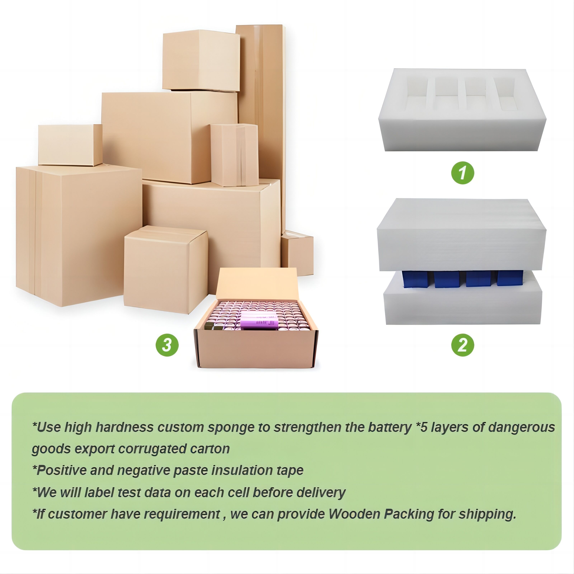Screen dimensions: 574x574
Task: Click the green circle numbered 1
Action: pyautogui.click(x=463, y=173)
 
